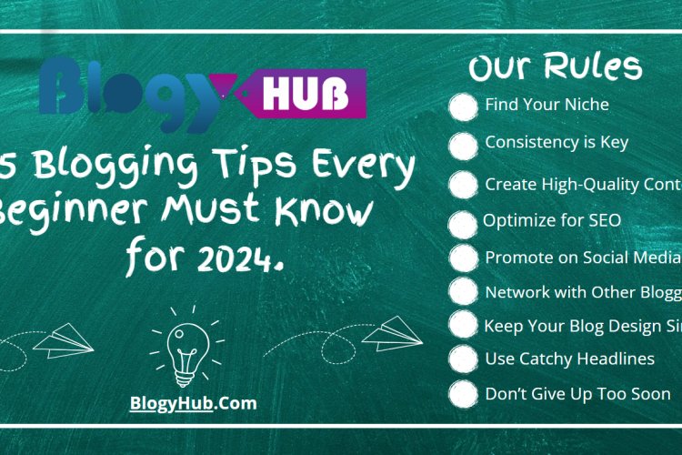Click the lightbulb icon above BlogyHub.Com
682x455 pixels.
coord(188,350)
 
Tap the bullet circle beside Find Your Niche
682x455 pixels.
coord(464,106)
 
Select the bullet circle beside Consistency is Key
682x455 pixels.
coord(464,144)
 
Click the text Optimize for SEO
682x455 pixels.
coord(552,219)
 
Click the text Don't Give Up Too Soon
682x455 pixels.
coord(577,394)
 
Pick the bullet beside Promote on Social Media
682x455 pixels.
coord(464,258)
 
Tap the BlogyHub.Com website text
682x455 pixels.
coord(192,402)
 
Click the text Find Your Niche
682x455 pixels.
coord(547,105)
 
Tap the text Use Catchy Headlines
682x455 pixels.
coord(569,359)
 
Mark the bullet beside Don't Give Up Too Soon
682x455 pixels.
coord(464,395)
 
